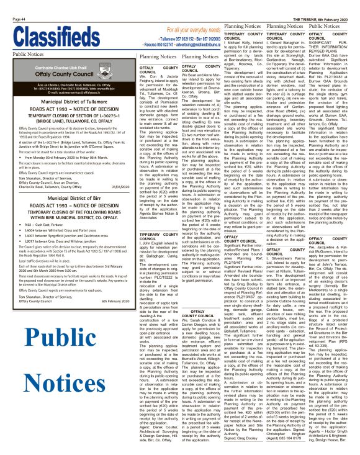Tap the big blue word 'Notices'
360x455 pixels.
click(60, 381)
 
